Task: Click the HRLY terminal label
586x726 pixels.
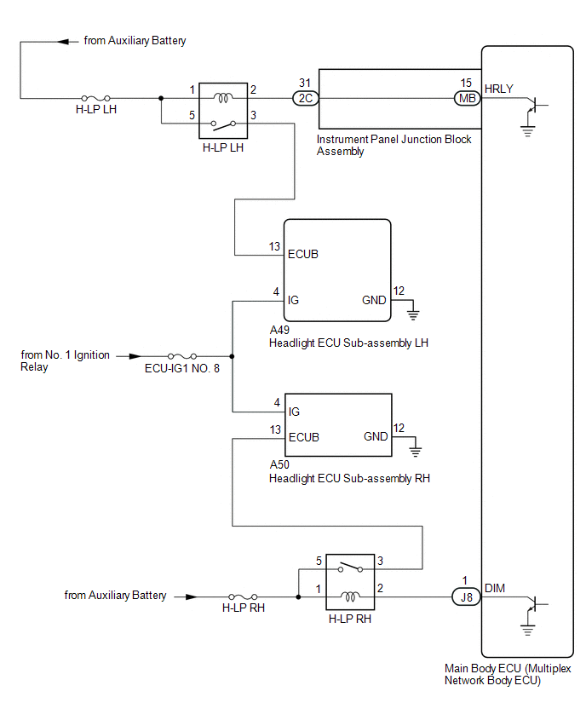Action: (x=498, y=89)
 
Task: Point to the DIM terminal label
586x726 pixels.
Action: (x=494, y=588)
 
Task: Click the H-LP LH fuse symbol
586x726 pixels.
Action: (x=95, y=98)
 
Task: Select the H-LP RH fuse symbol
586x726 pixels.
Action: (x=243, y=596)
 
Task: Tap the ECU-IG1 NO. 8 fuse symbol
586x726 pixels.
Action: (x=182, y=356)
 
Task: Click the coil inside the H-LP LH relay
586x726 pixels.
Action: (x=223, y=98)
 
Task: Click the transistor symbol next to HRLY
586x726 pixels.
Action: (x=535, y=105)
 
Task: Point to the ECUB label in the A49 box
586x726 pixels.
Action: (x=303, y=254)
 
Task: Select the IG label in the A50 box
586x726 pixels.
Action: (x=294, y=412)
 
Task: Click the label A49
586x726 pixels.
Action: (x=279, y=330)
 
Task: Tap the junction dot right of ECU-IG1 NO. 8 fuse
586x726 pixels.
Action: (x=232, y=356)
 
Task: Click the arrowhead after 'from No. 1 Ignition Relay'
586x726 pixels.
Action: (x=135, y=356)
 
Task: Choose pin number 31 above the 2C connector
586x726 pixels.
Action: (x=305, y=83)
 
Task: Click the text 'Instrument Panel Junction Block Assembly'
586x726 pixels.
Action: (x=394, y=146)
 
